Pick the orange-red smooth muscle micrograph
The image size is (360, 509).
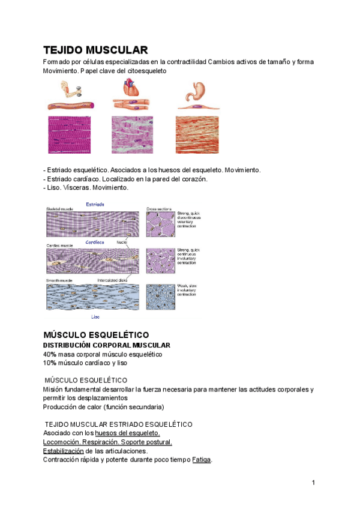197,134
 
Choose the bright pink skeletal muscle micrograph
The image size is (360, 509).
71,134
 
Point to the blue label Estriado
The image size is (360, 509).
95,205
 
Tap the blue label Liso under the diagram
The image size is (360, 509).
95,316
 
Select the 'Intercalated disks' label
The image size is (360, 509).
112,280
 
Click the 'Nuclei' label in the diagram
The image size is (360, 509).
122,242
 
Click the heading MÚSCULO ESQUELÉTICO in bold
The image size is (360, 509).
96,334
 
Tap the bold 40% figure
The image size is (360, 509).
50,354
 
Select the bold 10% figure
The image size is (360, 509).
50,363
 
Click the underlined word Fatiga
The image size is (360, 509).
202,460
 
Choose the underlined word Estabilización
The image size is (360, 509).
63,451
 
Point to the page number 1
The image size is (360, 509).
313,483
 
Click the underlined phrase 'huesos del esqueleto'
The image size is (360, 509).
127,433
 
